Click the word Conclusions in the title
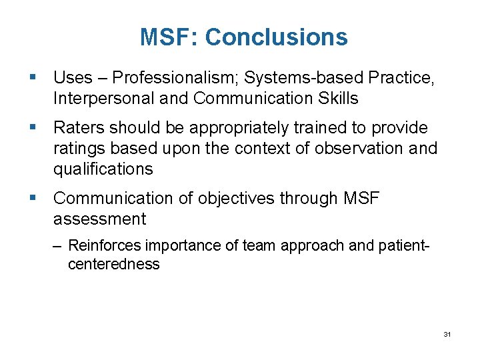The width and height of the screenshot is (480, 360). [276, 37]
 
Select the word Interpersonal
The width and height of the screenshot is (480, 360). [97, 99]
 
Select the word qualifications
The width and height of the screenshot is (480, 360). [103, 169]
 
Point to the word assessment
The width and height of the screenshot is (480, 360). [99, 219]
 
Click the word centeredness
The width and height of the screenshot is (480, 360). [114, 264]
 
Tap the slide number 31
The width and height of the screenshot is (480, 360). [447, 333]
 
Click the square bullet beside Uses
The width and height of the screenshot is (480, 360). [33, 78]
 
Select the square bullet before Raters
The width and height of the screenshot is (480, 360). [33, 127]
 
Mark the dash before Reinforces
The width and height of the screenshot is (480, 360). [59, 246]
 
